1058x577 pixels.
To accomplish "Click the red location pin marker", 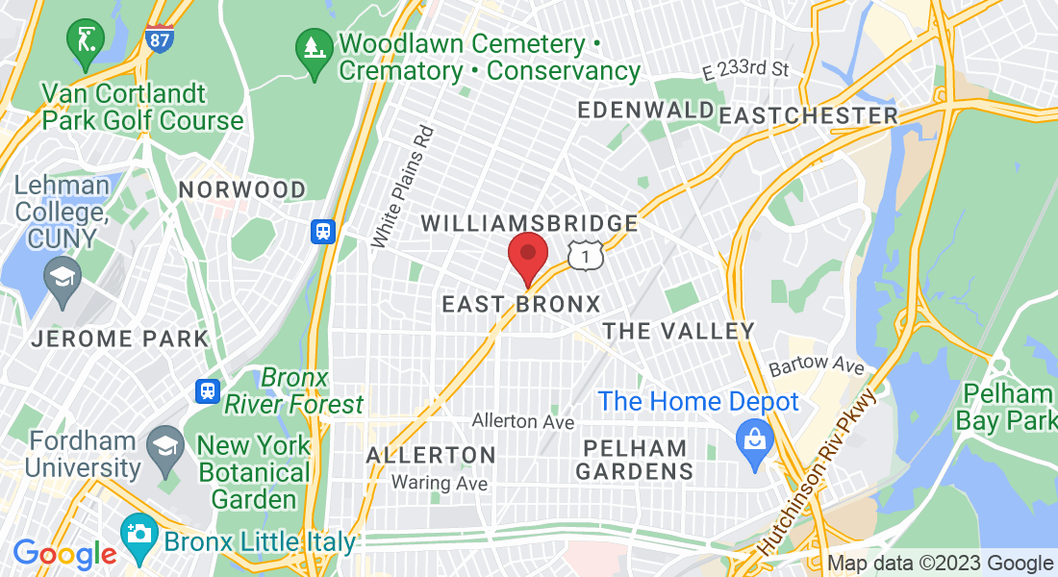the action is tap(527, 257).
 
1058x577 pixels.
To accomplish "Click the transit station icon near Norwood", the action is tap(322, 231).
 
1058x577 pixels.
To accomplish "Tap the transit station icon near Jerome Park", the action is tap(206, 389).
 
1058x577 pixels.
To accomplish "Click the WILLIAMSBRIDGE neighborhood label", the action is tap(530, 224).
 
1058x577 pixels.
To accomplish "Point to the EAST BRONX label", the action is tap(520, 304).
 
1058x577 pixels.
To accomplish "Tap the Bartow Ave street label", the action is tap(817, 367).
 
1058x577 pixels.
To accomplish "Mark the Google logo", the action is tap(64, 555).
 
